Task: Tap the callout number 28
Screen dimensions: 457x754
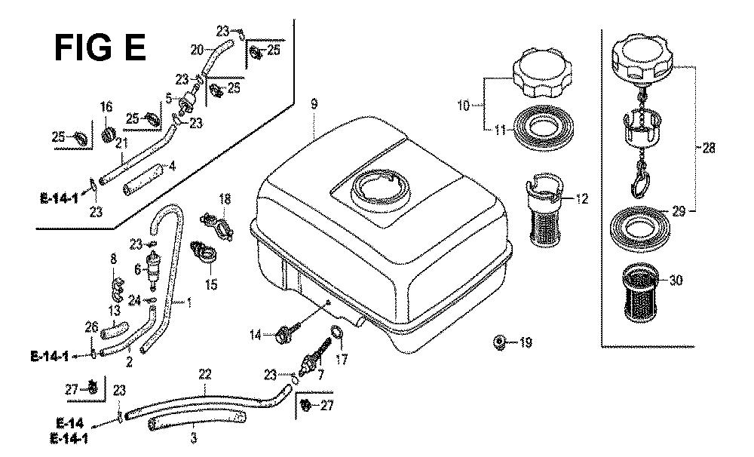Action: point(709,149)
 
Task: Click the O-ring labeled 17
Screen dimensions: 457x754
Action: point(337,333)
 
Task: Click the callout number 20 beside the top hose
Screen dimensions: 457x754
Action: point(197,51)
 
